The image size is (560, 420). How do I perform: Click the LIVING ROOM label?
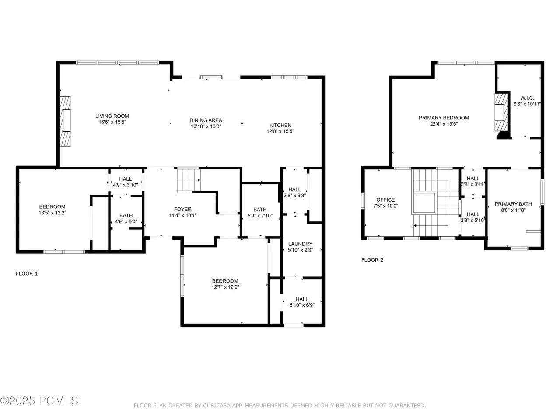coord(112,116)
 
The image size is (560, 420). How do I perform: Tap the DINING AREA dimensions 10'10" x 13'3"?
coord(206,126)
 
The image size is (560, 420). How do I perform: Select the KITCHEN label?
coord(280,125)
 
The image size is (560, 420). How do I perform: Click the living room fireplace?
coord(65,121)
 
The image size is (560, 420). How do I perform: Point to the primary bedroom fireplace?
coord(501,112)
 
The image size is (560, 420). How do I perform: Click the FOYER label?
coord(183,209)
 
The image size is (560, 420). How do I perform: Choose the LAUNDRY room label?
coord(300,244)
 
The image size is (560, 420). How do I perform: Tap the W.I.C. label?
coord(527,98)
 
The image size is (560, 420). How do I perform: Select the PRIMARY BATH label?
coord(513,204)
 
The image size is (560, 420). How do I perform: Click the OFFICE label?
coord(385,200)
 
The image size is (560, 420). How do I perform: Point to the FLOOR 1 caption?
coord(27,273)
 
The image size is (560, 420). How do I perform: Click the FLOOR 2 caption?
coord(372,260)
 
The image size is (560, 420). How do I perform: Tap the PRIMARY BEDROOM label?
coord(444,118)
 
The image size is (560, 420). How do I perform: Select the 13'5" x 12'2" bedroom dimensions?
coord(52,213)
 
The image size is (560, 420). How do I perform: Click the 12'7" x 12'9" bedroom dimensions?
coord(225,287)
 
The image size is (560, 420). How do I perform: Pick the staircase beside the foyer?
coord(189,180)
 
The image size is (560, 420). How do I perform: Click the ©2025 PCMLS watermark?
coord(39,401)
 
